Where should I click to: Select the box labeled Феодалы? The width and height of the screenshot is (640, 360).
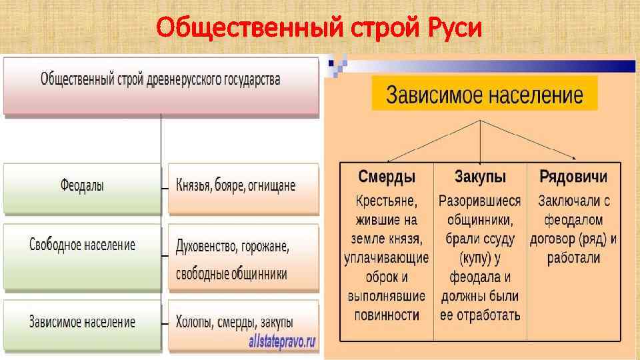click(x=82, y=187)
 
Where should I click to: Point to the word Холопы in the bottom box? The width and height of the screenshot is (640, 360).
click(x=196, y=322)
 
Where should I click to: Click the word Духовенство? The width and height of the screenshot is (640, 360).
click(x=205, y=246)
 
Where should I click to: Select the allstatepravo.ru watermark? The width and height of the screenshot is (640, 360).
click(x=282, y=342)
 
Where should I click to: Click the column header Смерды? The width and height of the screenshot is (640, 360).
click(x=387, y=177)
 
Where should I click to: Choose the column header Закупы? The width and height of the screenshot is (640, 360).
click(x=480, y=177)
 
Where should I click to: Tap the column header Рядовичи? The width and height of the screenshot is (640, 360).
click(x=573, y=177)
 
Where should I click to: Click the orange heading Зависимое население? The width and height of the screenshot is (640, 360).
click(x=485, y=95)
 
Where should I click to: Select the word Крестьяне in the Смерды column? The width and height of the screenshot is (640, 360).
click(x=387, y=200)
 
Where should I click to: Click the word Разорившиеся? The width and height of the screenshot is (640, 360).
click(x=480, y=200)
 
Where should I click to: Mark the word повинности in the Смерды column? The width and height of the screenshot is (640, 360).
click(x=387, y=315)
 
